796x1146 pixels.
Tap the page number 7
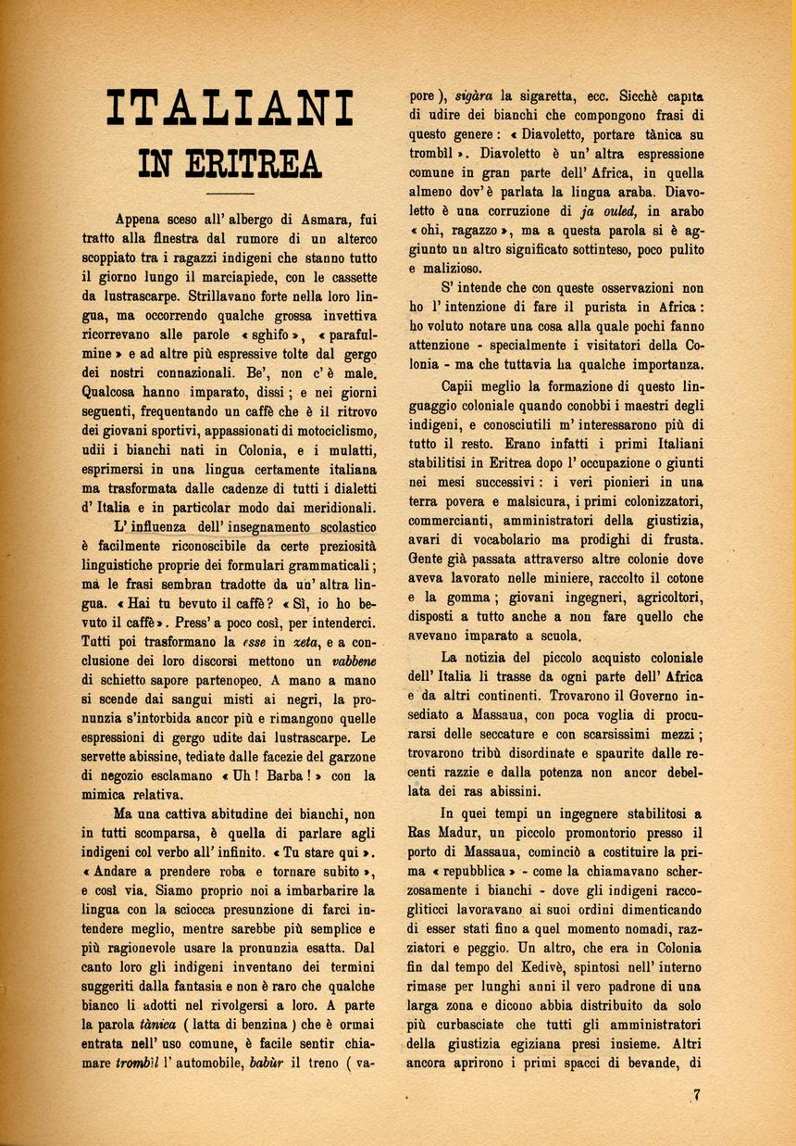click(696, 1094)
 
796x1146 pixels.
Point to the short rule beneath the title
click(230, 193)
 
